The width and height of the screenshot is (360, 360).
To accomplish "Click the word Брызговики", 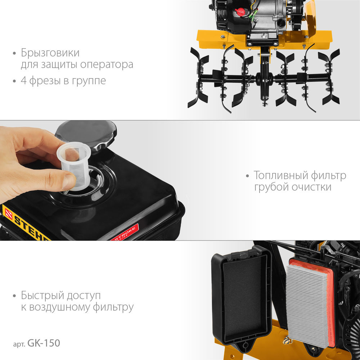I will click(x=50, y=53).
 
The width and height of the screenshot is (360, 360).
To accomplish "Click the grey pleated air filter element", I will click(x=308, y=302).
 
